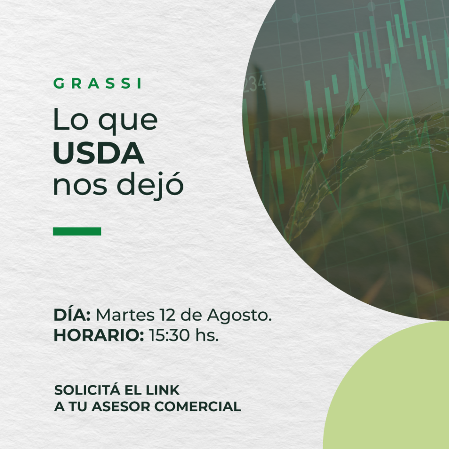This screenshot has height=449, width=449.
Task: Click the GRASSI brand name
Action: [x=97, y=83]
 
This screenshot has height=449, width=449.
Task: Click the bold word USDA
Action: [x=99, y=153]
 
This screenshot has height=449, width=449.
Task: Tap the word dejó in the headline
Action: [x=150, y=185]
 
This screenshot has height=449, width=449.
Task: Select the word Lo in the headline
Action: [x=71, y=119]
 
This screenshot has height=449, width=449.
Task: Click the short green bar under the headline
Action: [x=77, y=231]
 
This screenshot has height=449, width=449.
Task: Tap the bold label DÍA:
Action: [x=72, y=314]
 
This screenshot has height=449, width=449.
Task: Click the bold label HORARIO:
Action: [x=99, y=335]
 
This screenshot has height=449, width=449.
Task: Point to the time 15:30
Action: [x=169, y=335]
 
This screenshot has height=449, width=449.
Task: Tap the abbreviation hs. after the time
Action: [x=207, y=335]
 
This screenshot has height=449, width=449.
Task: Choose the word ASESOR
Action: [x=121, y=406]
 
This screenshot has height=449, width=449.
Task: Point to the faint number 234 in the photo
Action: [x=255, y=84]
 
